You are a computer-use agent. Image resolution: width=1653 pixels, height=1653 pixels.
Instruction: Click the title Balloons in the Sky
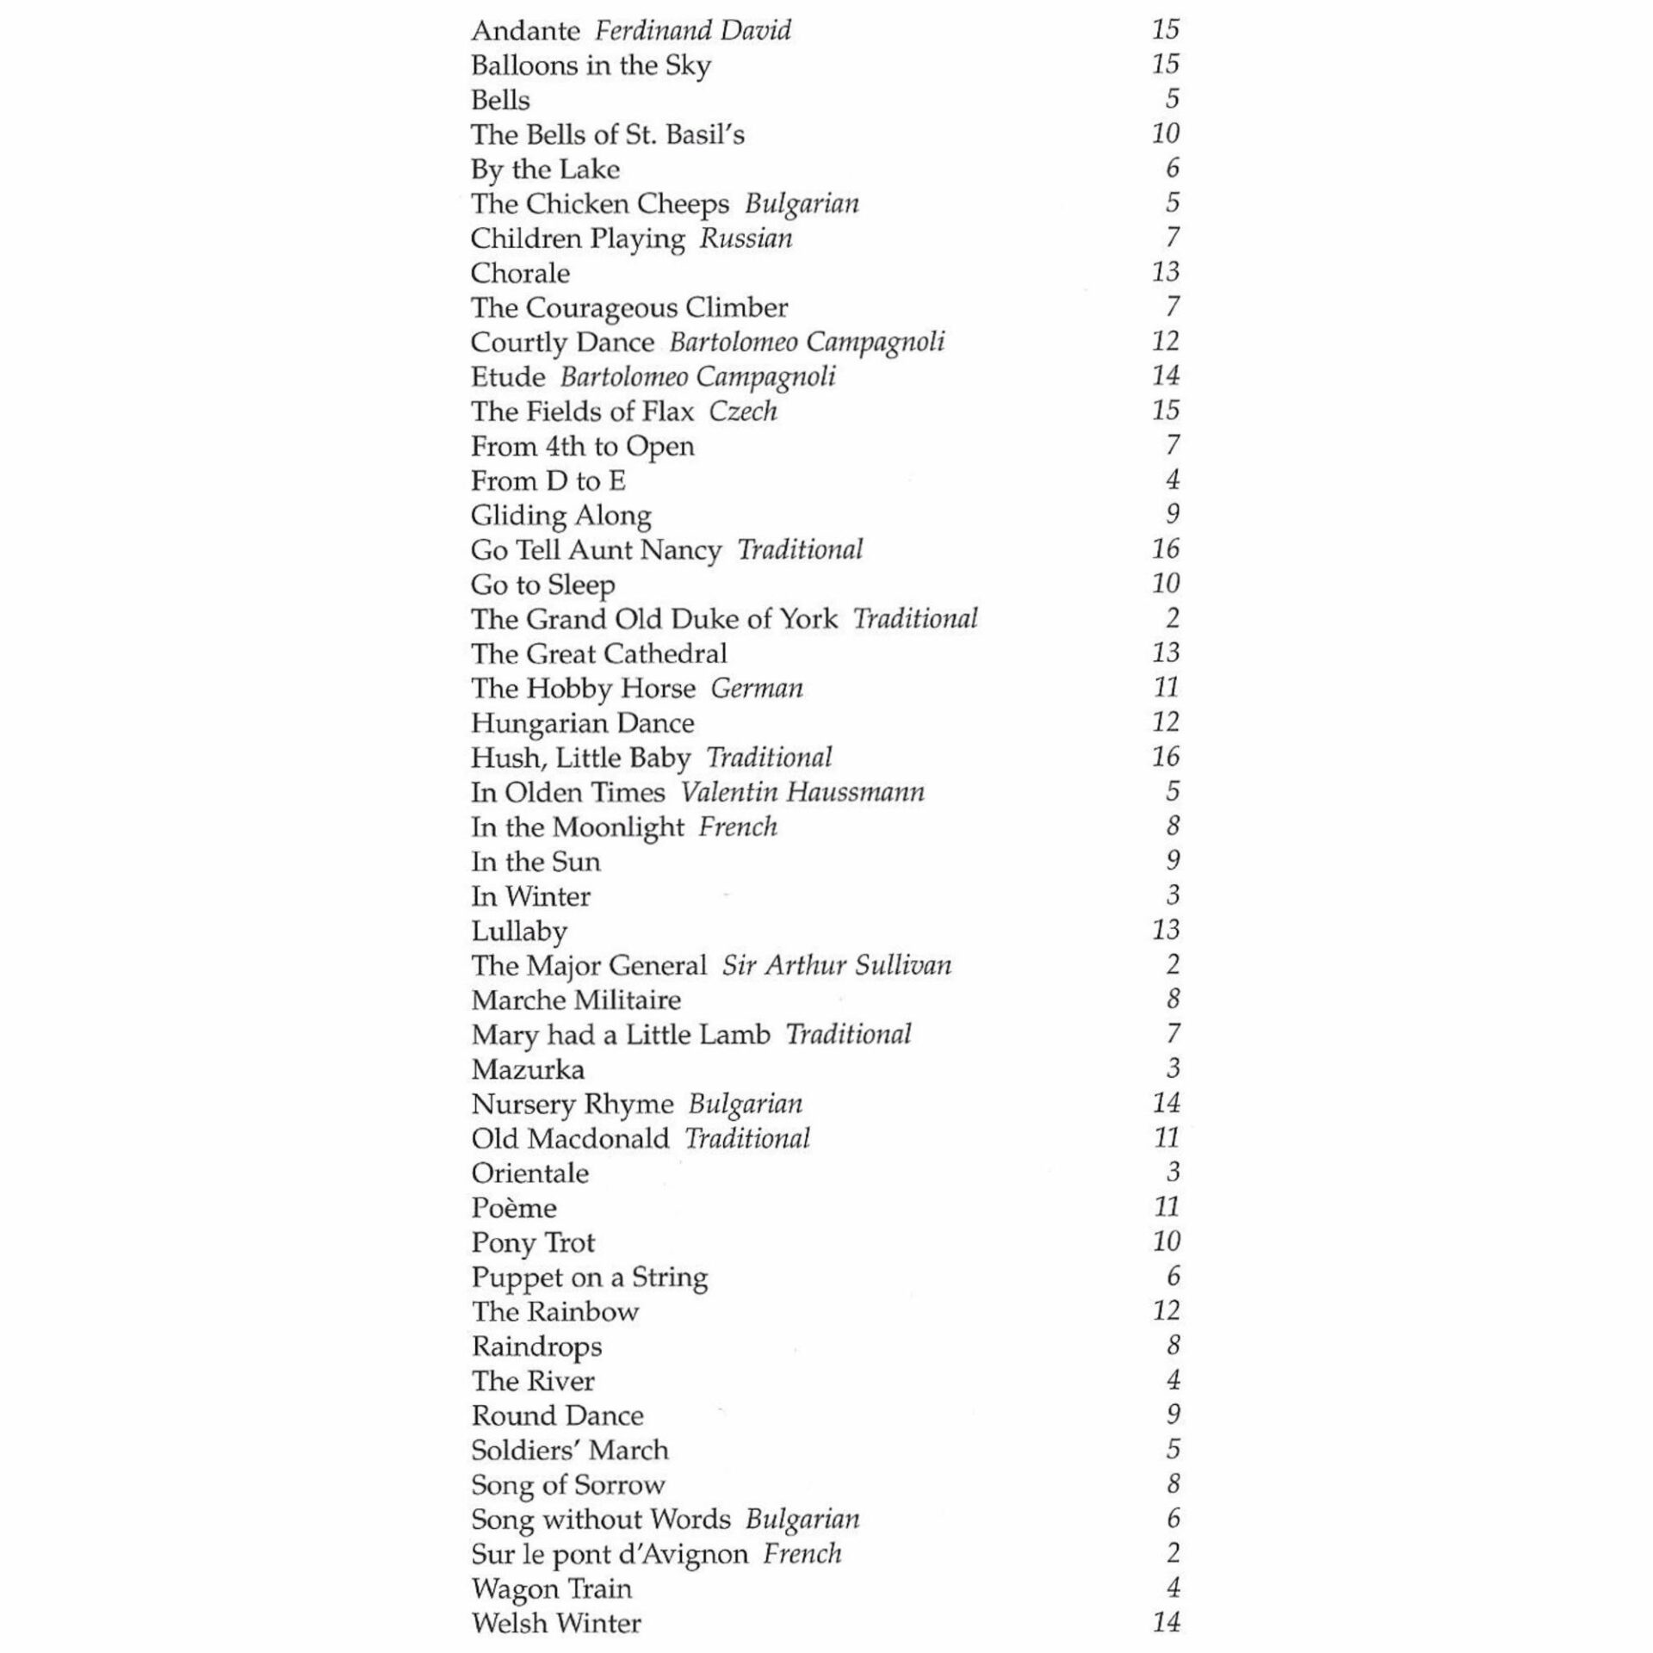[x=591, y=66]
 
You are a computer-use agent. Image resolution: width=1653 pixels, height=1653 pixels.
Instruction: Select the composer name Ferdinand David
[x=692, y=32]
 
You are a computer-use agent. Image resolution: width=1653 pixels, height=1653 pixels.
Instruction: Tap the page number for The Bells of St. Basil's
[x=1165, y=133]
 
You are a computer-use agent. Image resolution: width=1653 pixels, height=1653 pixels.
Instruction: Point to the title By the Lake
[x=545, y=170]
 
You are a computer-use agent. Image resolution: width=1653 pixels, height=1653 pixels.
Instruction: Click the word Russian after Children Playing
[x=746, y=238]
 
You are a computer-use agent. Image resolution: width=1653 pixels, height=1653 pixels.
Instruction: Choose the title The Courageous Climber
[x=628, y=308]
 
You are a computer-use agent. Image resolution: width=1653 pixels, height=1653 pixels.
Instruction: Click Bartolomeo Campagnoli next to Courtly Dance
[x=807, y=343]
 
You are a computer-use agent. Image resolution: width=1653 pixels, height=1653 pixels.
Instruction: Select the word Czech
[x=743, y=412]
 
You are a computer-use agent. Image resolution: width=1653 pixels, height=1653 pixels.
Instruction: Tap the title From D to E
[x=548, y=480]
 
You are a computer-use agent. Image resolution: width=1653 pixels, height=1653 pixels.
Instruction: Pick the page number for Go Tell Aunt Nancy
[x=1165, y=549]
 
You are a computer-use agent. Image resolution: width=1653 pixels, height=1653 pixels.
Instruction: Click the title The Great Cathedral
[x=598, y=654]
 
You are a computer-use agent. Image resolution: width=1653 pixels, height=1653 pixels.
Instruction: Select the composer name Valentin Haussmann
[x=802, y=792]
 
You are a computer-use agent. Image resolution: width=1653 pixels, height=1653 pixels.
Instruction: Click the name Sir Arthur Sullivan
[x=837, y=966]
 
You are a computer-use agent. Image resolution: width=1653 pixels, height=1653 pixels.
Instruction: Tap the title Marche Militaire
[x=576, y=1000]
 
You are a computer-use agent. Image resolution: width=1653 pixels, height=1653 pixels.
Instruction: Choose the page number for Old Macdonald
[x=1166, y=1138]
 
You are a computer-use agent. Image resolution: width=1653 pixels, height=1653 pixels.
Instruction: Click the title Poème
[x=514, y=1208]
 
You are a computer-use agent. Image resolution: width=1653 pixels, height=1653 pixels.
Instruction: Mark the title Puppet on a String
[x=590, y=1278]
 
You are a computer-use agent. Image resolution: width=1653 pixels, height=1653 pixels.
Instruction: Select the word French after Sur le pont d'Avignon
[x=802, y=1554]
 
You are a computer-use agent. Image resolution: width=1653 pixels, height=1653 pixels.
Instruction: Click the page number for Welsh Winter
[x=1165, y=1623]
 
